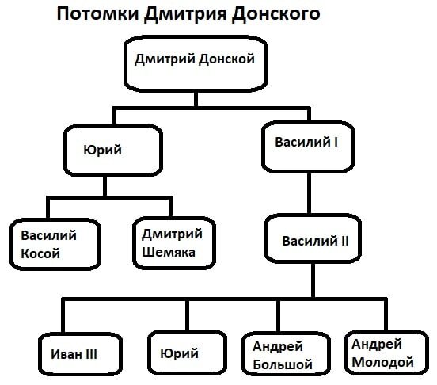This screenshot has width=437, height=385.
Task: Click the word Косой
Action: (40, 253)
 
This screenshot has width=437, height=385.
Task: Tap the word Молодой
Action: (383, 363)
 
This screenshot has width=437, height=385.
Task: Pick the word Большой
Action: (283, 365)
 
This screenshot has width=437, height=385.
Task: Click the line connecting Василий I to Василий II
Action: (305, 193)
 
